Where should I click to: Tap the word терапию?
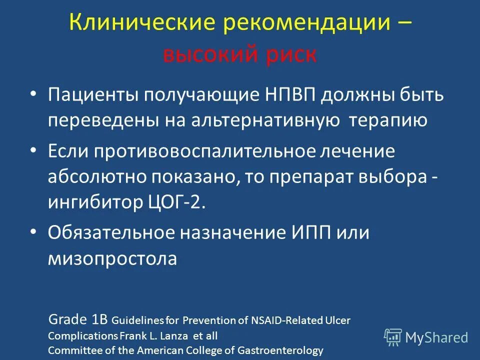(388, 121)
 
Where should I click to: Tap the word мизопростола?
(113, 259)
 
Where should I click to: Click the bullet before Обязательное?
(33, 232)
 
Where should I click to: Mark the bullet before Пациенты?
(33, 94)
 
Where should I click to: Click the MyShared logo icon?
(393, 337)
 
